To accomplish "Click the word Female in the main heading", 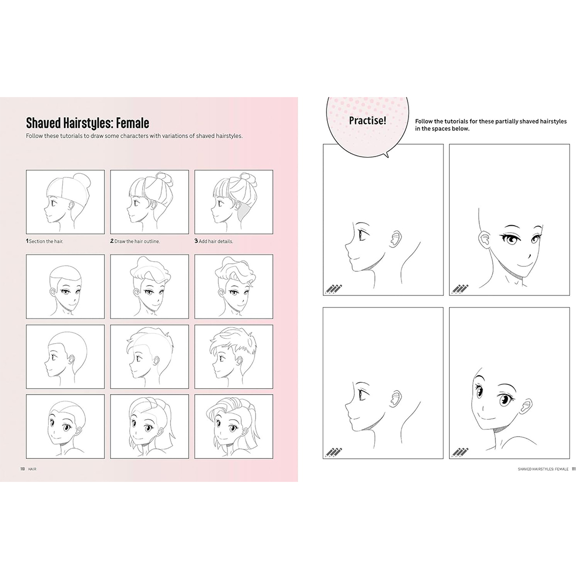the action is tap(132, 123).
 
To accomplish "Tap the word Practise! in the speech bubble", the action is tap(367, 121).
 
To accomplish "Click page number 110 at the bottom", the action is tap(23, 469).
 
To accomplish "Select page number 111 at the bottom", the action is tap(574, 469).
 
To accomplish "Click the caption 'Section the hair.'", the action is tap(46, 241).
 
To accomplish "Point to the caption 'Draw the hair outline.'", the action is tap(137, 241).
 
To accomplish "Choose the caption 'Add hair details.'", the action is tap(216, 241).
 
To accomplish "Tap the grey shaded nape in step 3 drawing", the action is tap(244, 211).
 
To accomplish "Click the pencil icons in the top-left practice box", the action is tap(333, 289).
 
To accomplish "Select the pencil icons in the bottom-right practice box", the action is tap(460, 452).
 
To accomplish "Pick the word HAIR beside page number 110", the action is tap(32, 469).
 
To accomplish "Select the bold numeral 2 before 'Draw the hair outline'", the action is tap(112, 241).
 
